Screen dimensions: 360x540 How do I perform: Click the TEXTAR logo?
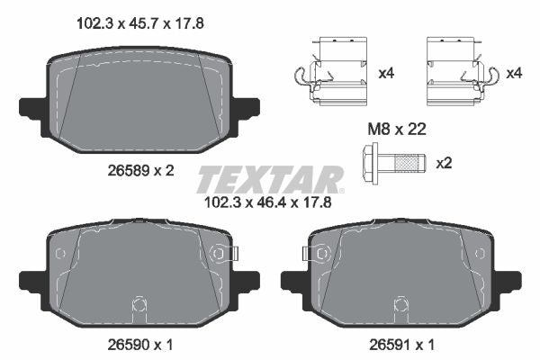pos(269,179)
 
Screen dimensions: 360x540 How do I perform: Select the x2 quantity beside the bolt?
pos(444,163)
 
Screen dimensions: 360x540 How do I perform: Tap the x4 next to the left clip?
pos(387,73)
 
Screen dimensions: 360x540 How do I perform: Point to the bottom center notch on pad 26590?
pos(139,302)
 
